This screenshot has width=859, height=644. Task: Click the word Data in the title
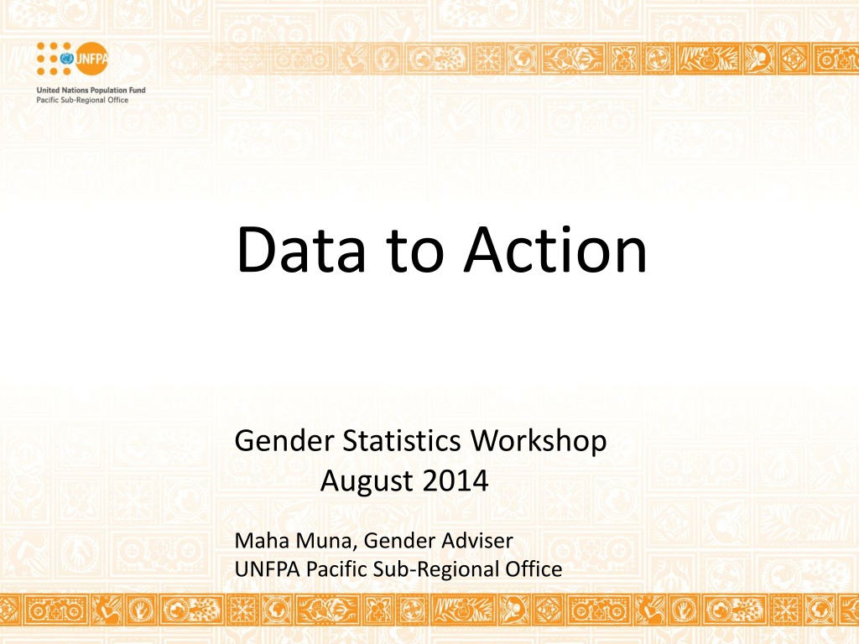pyautogui.click(x=301, y=249)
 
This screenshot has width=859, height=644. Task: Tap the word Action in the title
pyautogui.click(x=555, y=249)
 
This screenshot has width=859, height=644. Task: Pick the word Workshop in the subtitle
pyautogui.click(x=539, y=441)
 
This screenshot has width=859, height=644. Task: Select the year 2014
pyautogui.click(x=456, y=480)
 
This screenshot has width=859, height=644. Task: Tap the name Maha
pyautogui.click(x=262, y=541)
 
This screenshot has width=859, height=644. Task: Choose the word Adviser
pyautogui.click(x=477, y=541)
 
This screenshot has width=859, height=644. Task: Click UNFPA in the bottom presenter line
pyautogui.click(x=268, y=569)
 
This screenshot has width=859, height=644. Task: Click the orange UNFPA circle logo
pyautogui.click(x=91, y=59)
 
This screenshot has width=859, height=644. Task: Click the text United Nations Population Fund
pyautogui.click(x=91, y=90)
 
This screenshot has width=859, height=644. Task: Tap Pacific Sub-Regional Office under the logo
pyautogui.click(x=82, y=100)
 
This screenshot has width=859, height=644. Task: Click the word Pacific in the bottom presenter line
pyautogui.click(x=336, y=569)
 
